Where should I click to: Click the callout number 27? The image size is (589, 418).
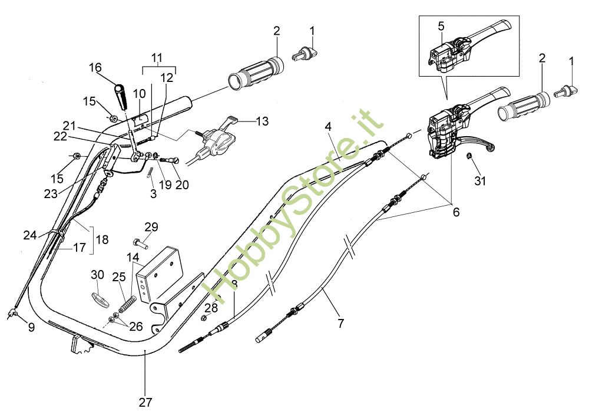(145, 403)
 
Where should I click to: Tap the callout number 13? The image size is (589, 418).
(262, 121)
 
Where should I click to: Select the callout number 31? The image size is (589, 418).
(481, 181)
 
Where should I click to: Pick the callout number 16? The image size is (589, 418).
(95, 67)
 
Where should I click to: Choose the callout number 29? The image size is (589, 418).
(151, 227)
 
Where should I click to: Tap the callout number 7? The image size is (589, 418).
(340, 323)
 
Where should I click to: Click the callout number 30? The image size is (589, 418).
(98, 275)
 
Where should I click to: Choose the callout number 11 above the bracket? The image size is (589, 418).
(156, 57)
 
